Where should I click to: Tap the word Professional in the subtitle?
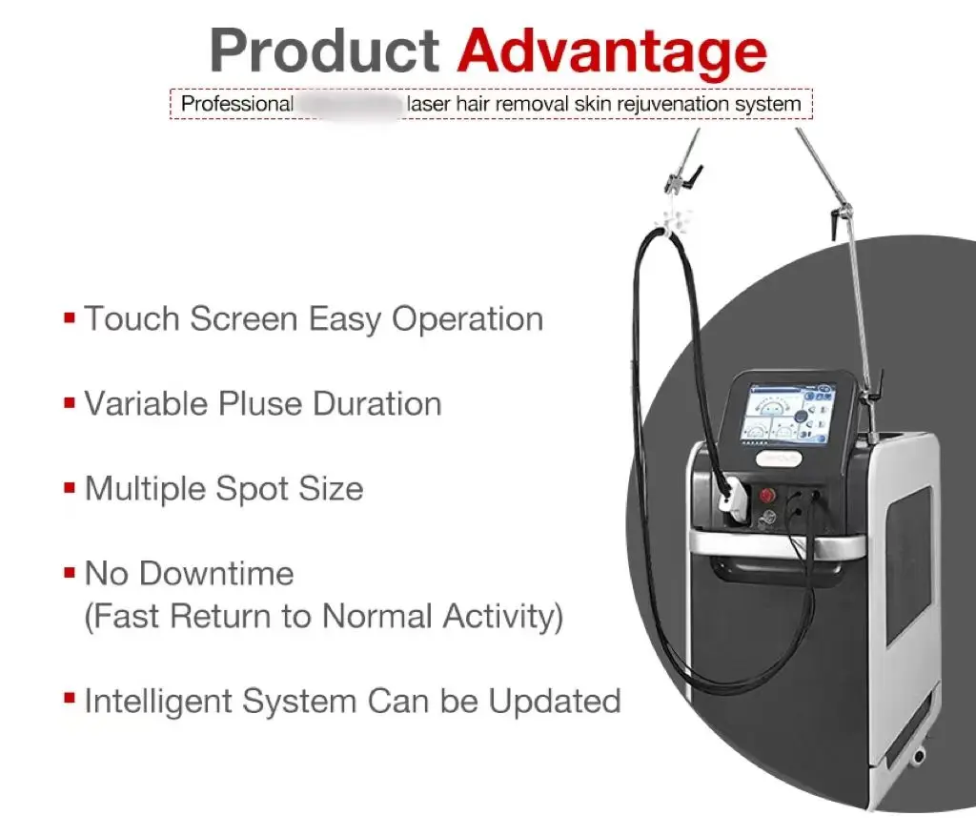coord(236,103)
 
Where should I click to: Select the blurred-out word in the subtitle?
coord(350,103)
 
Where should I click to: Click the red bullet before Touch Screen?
coord(70,317)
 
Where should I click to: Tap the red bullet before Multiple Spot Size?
coord(70,488)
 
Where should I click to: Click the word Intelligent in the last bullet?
coord(157,702)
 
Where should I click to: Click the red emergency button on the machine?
coord(767,496)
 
